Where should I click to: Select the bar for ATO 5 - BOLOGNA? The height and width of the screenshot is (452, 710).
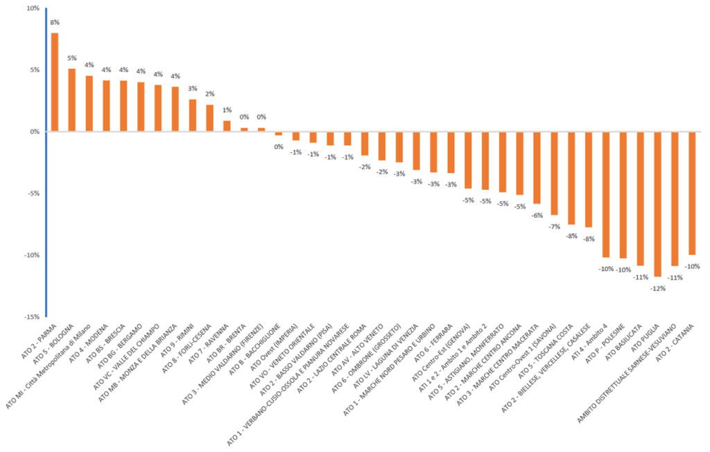(x=71, y=100)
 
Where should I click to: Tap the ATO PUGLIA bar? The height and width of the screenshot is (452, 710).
(x=657, y=204)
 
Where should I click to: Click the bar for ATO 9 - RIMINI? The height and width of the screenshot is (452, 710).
(x=192, y=115)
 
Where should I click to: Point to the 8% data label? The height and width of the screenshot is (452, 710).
(x=55, y=22)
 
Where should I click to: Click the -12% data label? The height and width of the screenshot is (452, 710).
(x=657, y=288)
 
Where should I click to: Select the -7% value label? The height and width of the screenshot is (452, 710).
(x=554, y=226)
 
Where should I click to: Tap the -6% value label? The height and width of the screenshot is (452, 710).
(x=537, y=216)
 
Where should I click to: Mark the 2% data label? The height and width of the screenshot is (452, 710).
(x=209, y=94)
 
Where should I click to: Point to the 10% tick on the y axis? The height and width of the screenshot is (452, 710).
(x=33, y=8)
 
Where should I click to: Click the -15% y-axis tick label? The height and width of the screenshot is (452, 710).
(x=31, y=317)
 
